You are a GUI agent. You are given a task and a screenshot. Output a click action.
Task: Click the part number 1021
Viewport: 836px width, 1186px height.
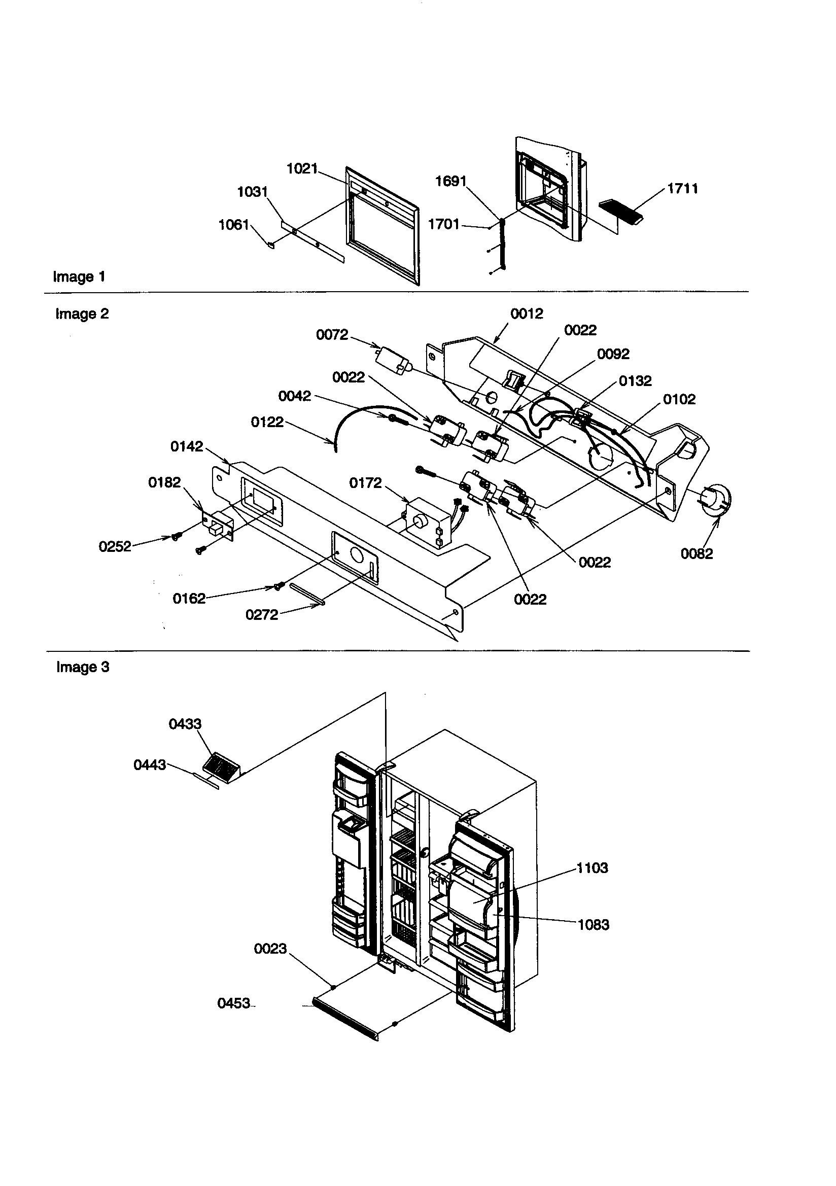(302, 169)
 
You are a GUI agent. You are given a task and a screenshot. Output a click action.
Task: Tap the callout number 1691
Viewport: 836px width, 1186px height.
(450, 181)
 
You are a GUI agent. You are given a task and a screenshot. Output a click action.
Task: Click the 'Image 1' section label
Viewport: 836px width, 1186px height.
(79, 277)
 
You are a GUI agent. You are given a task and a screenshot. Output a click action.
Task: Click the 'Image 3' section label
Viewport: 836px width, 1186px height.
(83, 668)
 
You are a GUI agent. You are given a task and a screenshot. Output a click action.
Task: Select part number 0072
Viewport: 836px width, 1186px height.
(332, 335)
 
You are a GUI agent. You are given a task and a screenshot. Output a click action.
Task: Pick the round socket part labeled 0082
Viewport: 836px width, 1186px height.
(717, 499)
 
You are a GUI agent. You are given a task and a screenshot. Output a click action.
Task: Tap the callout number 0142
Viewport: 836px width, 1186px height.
(187, 446)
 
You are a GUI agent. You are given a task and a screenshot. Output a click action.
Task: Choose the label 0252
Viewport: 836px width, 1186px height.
(115, 546)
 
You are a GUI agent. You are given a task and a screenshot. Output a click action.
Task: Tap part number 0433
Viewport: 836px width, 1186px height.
(185, 724)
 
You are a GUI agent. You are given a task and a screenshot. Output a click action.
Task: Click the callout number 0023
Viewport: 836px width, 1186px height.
(270, 949)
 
